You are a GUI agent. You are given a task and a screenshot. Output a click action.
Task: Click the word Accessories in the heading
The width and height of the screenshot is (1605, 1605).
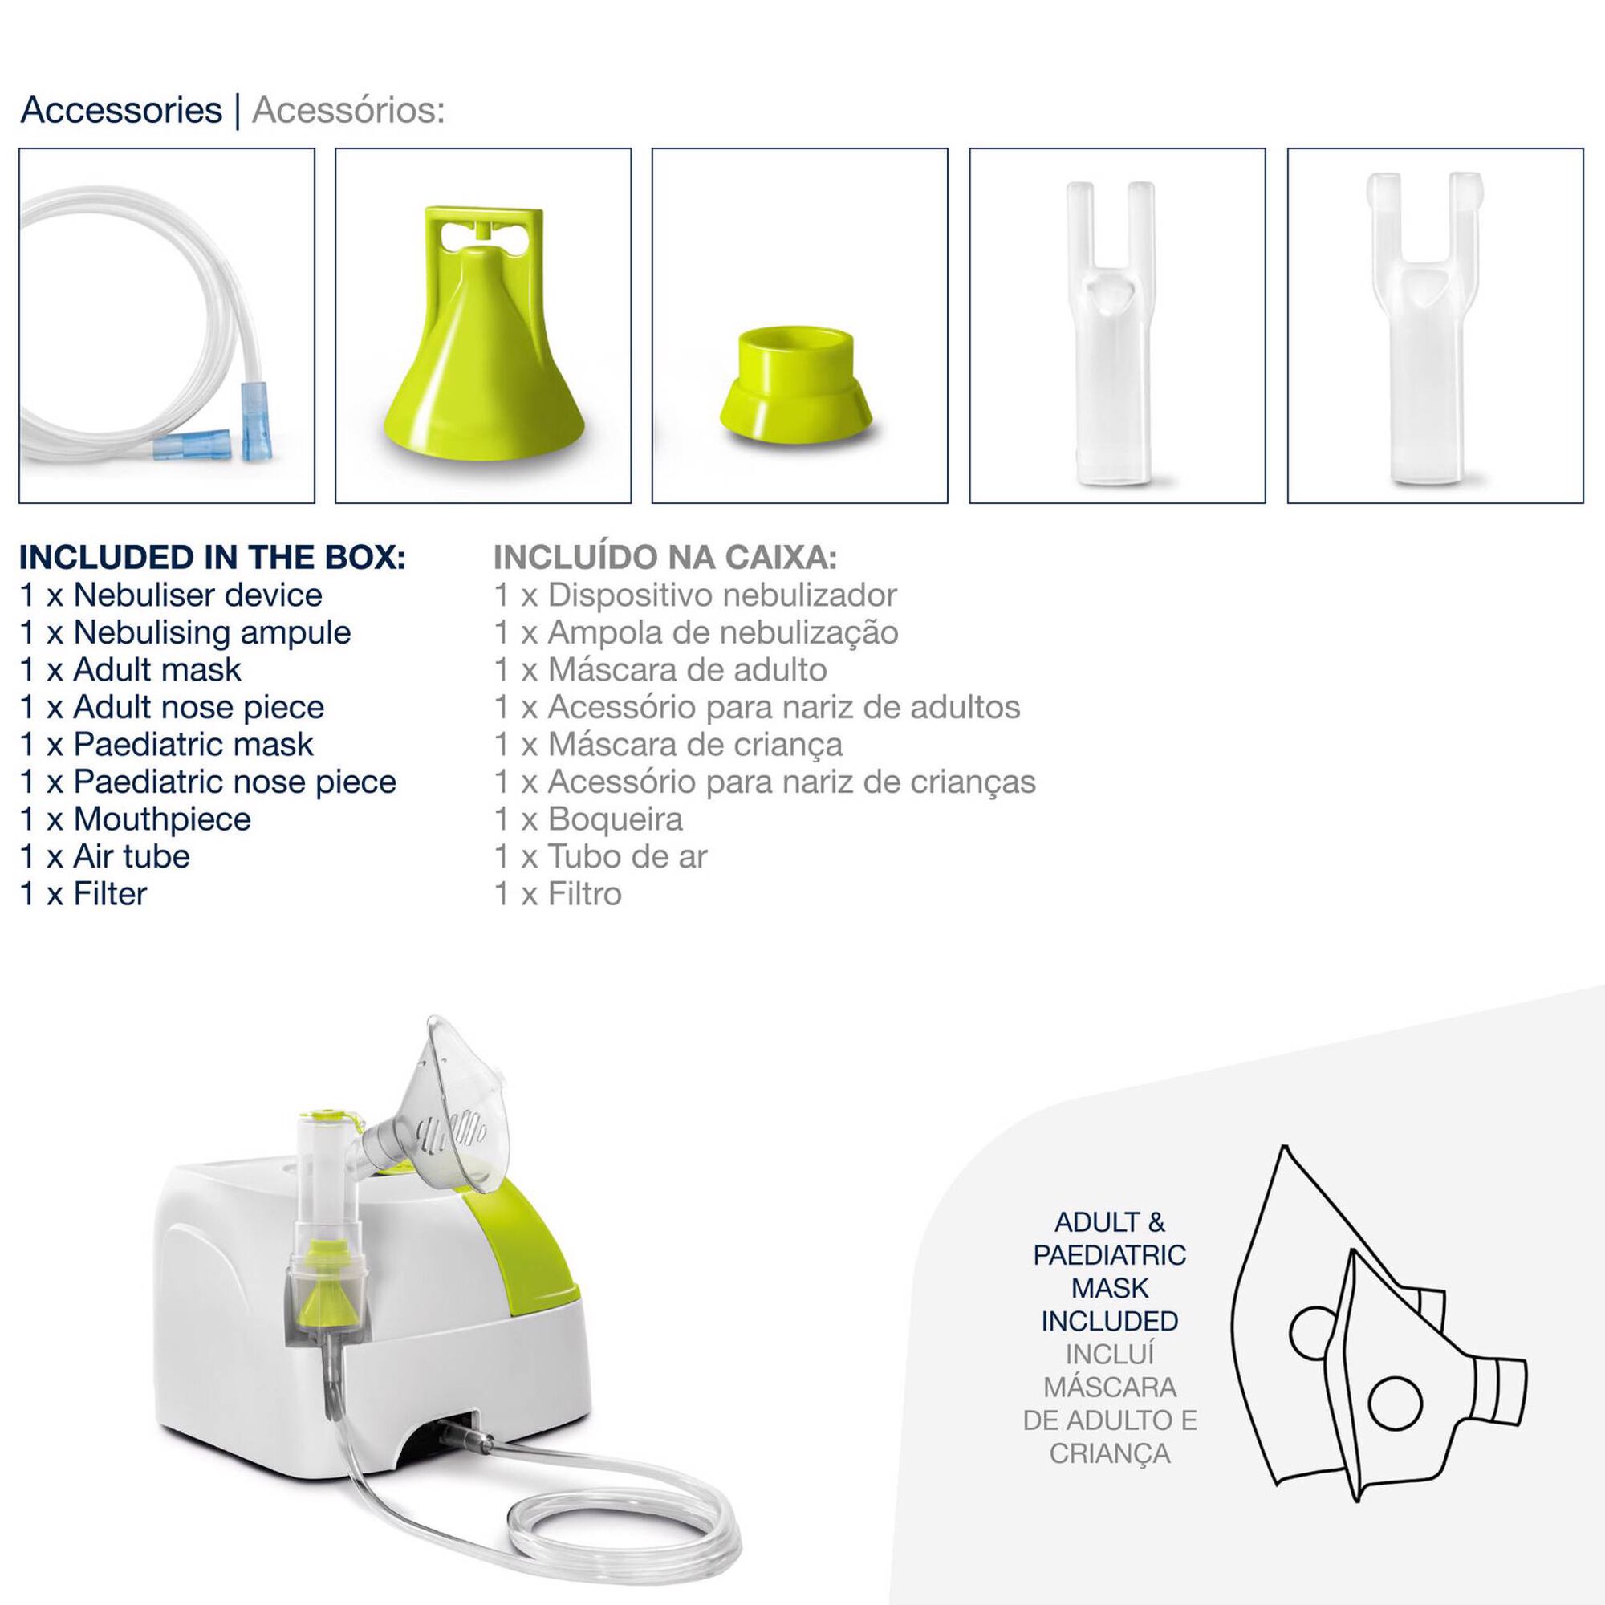coord(121,110)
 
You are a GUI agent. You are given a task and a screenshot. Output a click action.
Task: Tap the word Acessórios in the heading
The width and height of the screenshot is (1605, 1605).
coord(349,110)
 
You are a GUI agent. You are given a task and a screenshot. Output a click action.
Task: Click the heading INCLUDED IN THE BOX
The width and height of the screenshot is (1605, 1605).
coord(213,558)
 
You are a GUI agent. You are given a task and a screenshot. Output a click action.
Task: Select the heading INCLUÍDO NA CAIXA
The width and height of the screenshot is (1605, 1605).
coord(665,558)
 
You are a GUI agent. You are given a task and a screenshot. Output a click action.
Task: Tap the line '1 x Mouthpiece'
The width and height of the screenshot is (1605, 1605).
coord(136,819)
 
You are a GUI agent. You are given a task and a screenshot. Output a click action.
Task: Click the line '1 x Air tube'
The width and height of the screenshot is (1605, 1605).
coord(104,856)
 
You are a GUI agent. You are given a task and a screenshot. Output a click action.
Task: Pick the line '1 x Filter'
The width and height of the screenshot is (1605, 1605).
coord(83,894)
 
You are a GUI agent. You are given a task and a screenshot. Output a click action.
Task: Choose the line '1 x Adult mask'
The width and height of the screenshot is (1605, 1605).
coord(131,669)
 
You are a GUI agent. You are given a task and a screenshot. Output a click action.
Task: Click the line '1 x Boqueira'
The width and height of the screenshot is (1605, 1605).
coord(588,819)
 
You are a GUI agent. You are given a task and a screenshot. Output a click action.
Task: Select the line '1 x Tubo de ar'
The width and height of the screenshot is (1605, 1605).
coord(600,856)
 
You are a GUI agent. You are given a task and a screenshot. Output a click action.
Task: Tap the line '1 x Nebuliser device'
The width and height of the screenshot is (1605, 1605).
coord(171,595)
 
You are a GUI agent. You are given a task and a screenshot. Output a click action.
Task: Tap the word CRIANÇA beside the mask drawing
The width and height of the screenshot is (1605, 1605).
coord(1110,1453)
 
